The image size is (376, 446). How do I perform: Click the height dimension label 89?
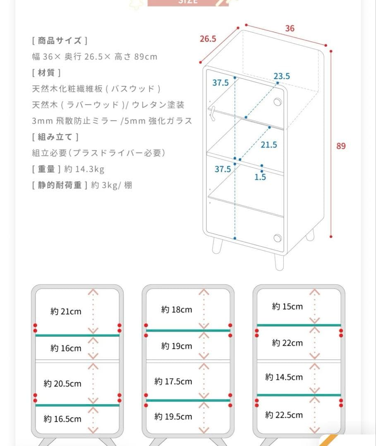[x=341, y=146]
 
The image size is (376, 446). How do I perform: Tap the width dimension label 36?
[x=290, y=28]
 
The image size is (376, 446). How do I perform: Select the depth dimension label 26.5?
[x=208, y=39]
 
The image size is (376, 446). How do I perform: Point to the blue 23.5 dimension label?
[x=281, y=76]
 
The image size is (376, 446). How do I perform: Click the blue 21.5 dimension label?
[x=269, y=145]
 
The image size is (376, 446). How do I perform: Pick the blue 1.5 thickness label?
[x=260, y=177]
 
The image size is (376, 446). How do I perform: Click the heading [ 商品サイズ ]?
[x=60, y=40]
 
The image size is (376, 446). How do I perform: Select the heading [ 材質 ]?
[x=46, y=73]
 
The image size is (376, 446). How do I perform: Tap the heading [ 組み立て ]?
[x=55, y=137]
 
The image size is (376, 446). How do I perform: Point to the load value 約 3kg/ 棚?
[x=111, y=185]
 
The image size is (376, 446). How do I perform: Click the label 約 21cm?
[x=66, y=312]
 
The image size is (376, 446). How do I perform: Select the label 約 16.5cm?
[x=62, y=419]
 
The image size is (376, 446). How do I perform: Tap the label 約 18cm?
[x=177, y=310]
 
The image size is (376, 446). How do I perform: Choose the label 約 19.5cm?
[x=173, y=417]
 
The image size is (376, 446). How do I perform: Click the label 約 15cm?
[x=287, y=307]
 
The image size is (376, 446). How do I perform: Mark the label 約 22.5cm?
[x=284, y=415]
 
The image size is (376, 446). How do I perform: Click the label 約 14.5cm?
[x=284, y=377]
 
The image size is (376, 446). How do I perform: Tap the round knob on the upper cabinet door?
[x=278, y=102]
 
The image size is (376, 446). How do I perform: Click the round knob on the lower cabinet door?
[x=278, y=238]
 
